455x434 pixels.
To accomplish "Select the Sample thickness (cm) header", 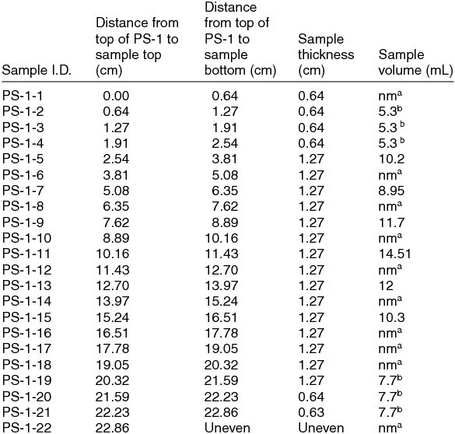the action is pyautogui.click(x=326, y=55).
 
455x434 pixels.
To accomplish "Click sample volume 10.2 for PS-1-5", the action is pyautogui.click(x=390, y=159).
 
